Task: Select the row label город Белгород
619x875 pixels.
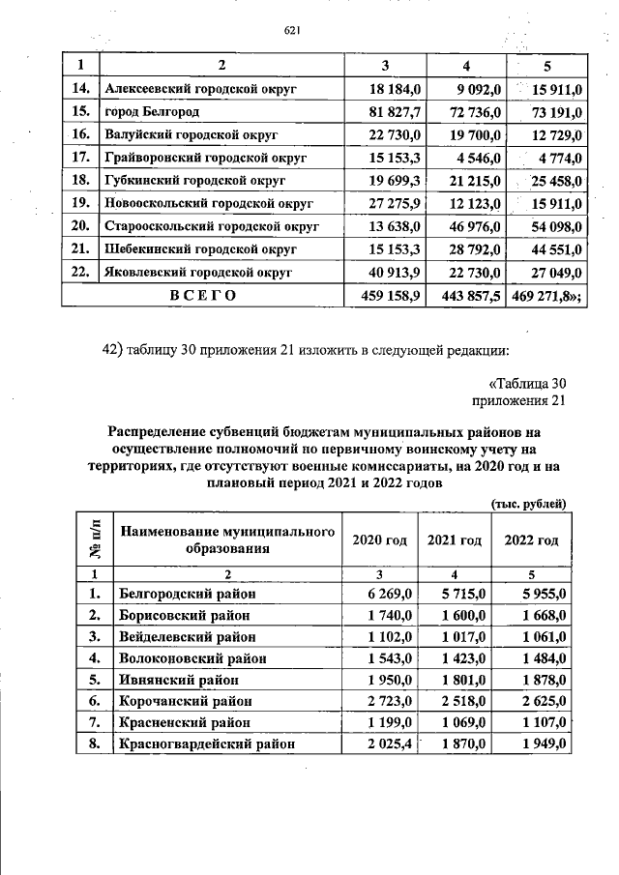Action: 150,112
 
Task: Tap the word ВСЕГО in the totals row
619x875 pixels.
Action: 202,295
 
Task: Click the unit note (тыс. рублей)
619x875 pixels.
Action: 528,503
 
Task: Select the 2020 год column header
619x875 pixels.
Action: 379,540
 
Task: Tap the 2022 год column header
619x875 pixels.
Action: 531,540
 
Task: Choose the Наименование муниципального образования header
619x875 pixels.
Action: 227,540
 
